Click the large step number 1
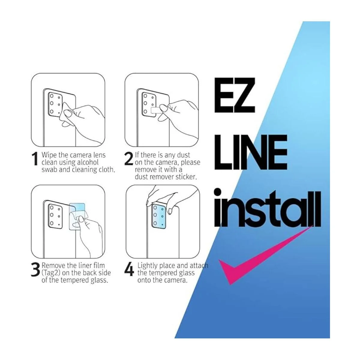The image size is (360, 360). [35, 159]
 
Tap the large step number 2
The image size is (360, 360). [128, 159]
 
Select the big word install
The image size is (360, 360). [267, 207]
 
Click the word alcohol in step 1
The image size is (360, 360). [88, 162]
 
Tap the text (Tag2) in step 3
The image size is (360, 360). [51, 273]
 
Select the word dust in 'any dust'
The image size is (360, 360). [183, 155]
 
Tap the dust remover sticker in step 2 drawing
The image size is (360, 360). [156, 111]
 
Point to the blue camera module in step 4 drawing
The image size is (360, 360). [159, 216]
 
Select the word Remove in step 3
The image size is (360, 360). [53, 265]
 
